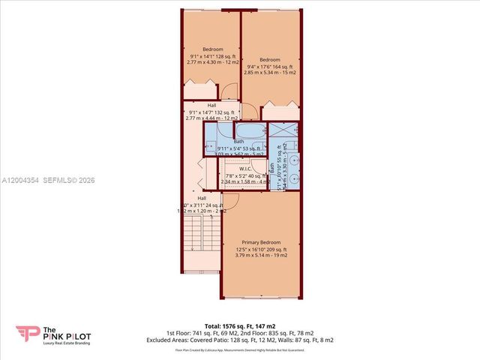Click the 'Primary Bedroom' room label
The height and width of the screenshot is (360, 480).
point(259,243)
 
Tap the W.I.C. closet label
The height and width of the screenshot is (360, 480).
point(244,169)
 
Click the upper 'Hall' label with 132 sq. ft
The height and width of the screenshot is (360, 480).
point(211,105)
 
